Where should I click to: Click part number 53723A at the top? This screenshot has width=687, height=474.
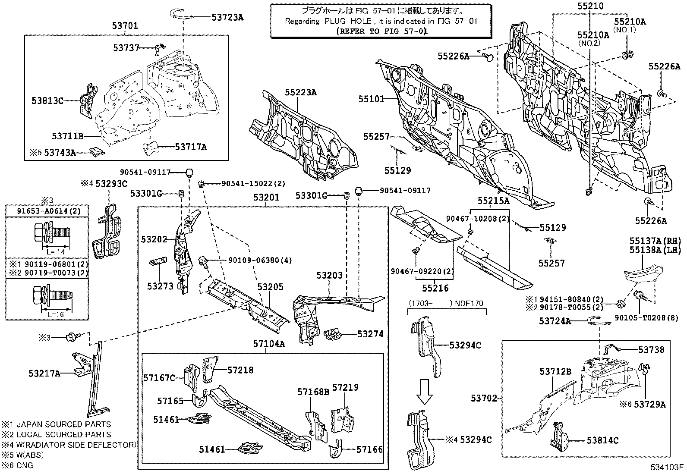click(x=227, y=17)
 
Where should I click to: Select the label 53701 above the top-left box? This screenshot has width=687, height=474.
click(x=125, y=26)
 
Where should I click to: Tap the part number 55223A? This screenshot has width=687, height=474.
click(x=301, y=92)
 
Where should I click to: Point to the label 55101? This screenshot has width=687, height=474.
click(x=371, y=99)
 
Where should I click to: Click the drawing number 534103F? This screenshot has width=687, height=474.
click(x=668, y=467)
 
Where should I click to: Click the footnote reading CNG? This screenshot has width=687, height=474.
click(x=24, y=465)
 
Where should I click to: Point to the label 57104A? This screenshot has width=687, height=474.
click(x=269, y=344)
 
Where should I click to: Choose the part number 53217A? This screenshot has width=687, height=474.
click(x=44, y=374)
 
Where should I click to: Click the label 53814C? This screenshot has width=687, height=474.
click(x=602, y=440)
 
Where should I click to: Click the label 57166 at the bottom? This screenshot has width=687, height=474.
click(x=370, y=450)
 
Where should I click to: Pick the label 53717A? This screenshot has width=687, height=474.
click(x=191, y=147)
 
